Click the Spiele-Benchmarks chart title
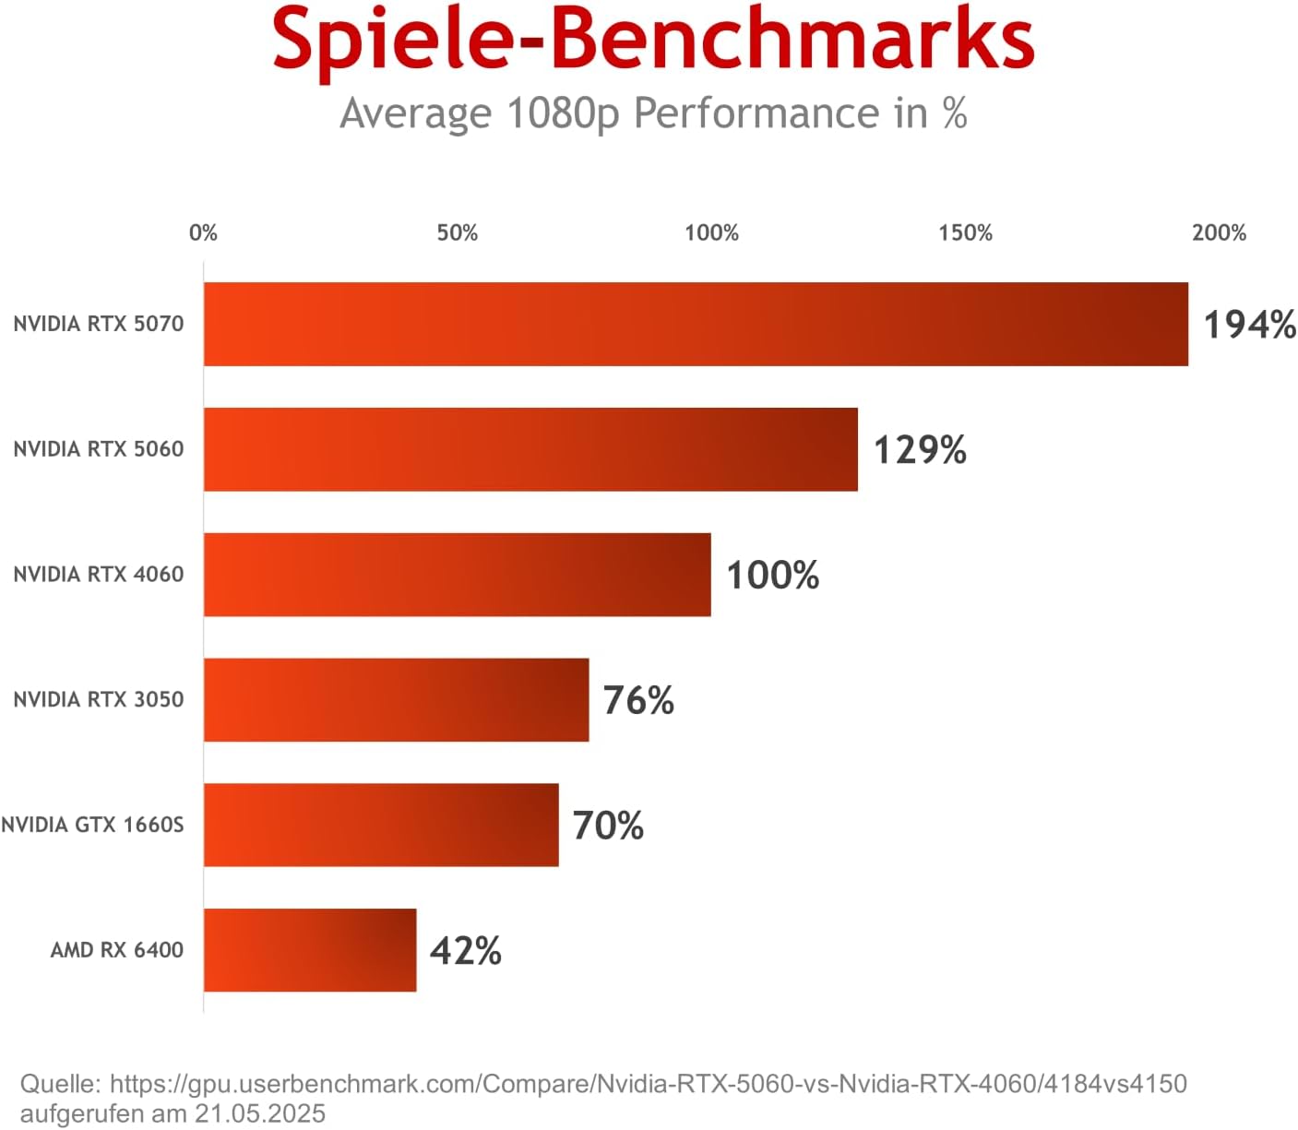click(653, 39)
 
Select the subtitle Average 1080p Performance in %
click(653, 113)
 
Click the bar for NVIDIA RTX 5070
click(696, 324)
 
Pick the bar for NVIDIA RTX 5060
click(530, 449)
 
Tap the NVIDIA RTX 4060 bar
click(457, 575)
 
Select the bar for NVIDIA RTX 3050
click(396, 699)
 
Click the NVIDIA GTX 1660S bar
click(381, 825)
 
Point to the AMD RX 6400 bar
click(310, 950)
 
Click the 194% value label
click(1249, 325)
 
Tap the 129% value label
click(920, 450)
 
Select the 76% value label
click(638, 700)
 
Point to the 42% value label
click(466, 951)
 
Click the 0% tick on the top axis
click(203, 232)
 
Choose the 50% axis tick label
click(458, 232)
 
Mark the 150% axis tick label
click(965, 232)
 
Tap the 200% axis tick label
click(1219, 232)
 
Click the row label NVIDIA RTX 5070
click(99, 324)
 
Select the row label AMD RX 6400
click(117, 950)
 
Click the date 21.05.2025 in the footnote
click(259, 1113)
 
